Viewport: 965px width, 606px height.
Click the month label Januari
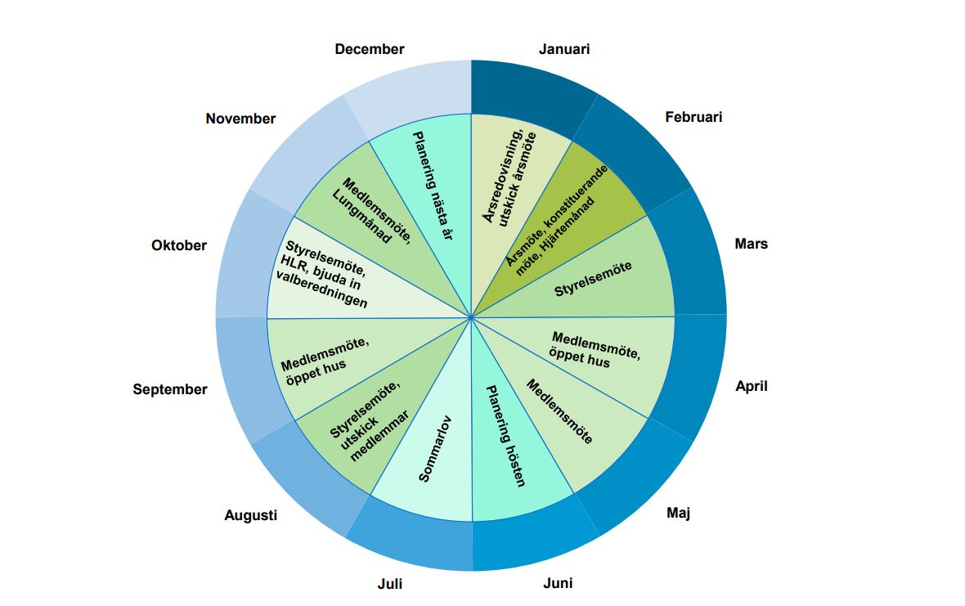[x=563, y=49]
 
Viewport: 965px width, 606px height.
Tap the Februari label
[x=693, y=117]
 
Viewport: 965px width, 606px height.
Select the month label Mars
[x=751, y=244]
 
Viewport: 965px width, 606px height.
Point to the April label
[x=752, y=386]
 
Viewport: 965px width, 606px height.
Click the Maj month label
[x=679, y=513]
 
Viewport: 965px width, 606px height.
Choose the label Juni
[x=558, y=583]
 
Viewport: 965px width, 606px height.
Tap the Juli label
[x=389, y=584]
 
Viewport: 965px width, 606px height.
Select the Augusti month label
[x=250, y=515]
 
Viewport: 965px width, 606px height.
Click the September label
[x=170, y=389]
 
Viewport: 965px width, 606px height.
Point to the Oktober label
[x=179, y=245]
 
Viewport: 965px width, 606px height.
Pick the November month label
[x=240, y=119]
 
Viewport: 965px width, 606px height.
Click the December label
[x=370, y=49]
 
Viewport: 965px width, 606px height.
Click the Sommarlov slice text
[x=435, y=449]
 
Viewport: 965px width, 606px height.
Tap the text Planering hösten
[x=506, y=436]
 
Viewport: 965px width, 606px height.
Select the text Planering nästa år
[x=433, y=185]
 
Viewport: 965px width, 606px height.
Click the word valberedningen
[x=321, y=290]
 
